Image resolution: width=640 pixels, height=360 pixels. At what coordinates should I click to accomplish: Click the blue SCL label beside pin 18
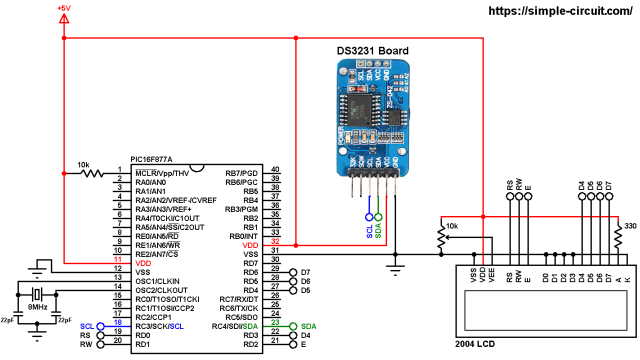(87, 325)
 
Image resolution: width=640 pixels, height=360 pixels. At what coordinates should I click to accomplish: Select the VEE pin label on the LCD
(493, 276)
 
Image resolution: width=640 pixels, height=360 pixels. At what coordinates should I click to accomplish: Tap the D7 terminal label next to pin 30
(306, 271)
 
